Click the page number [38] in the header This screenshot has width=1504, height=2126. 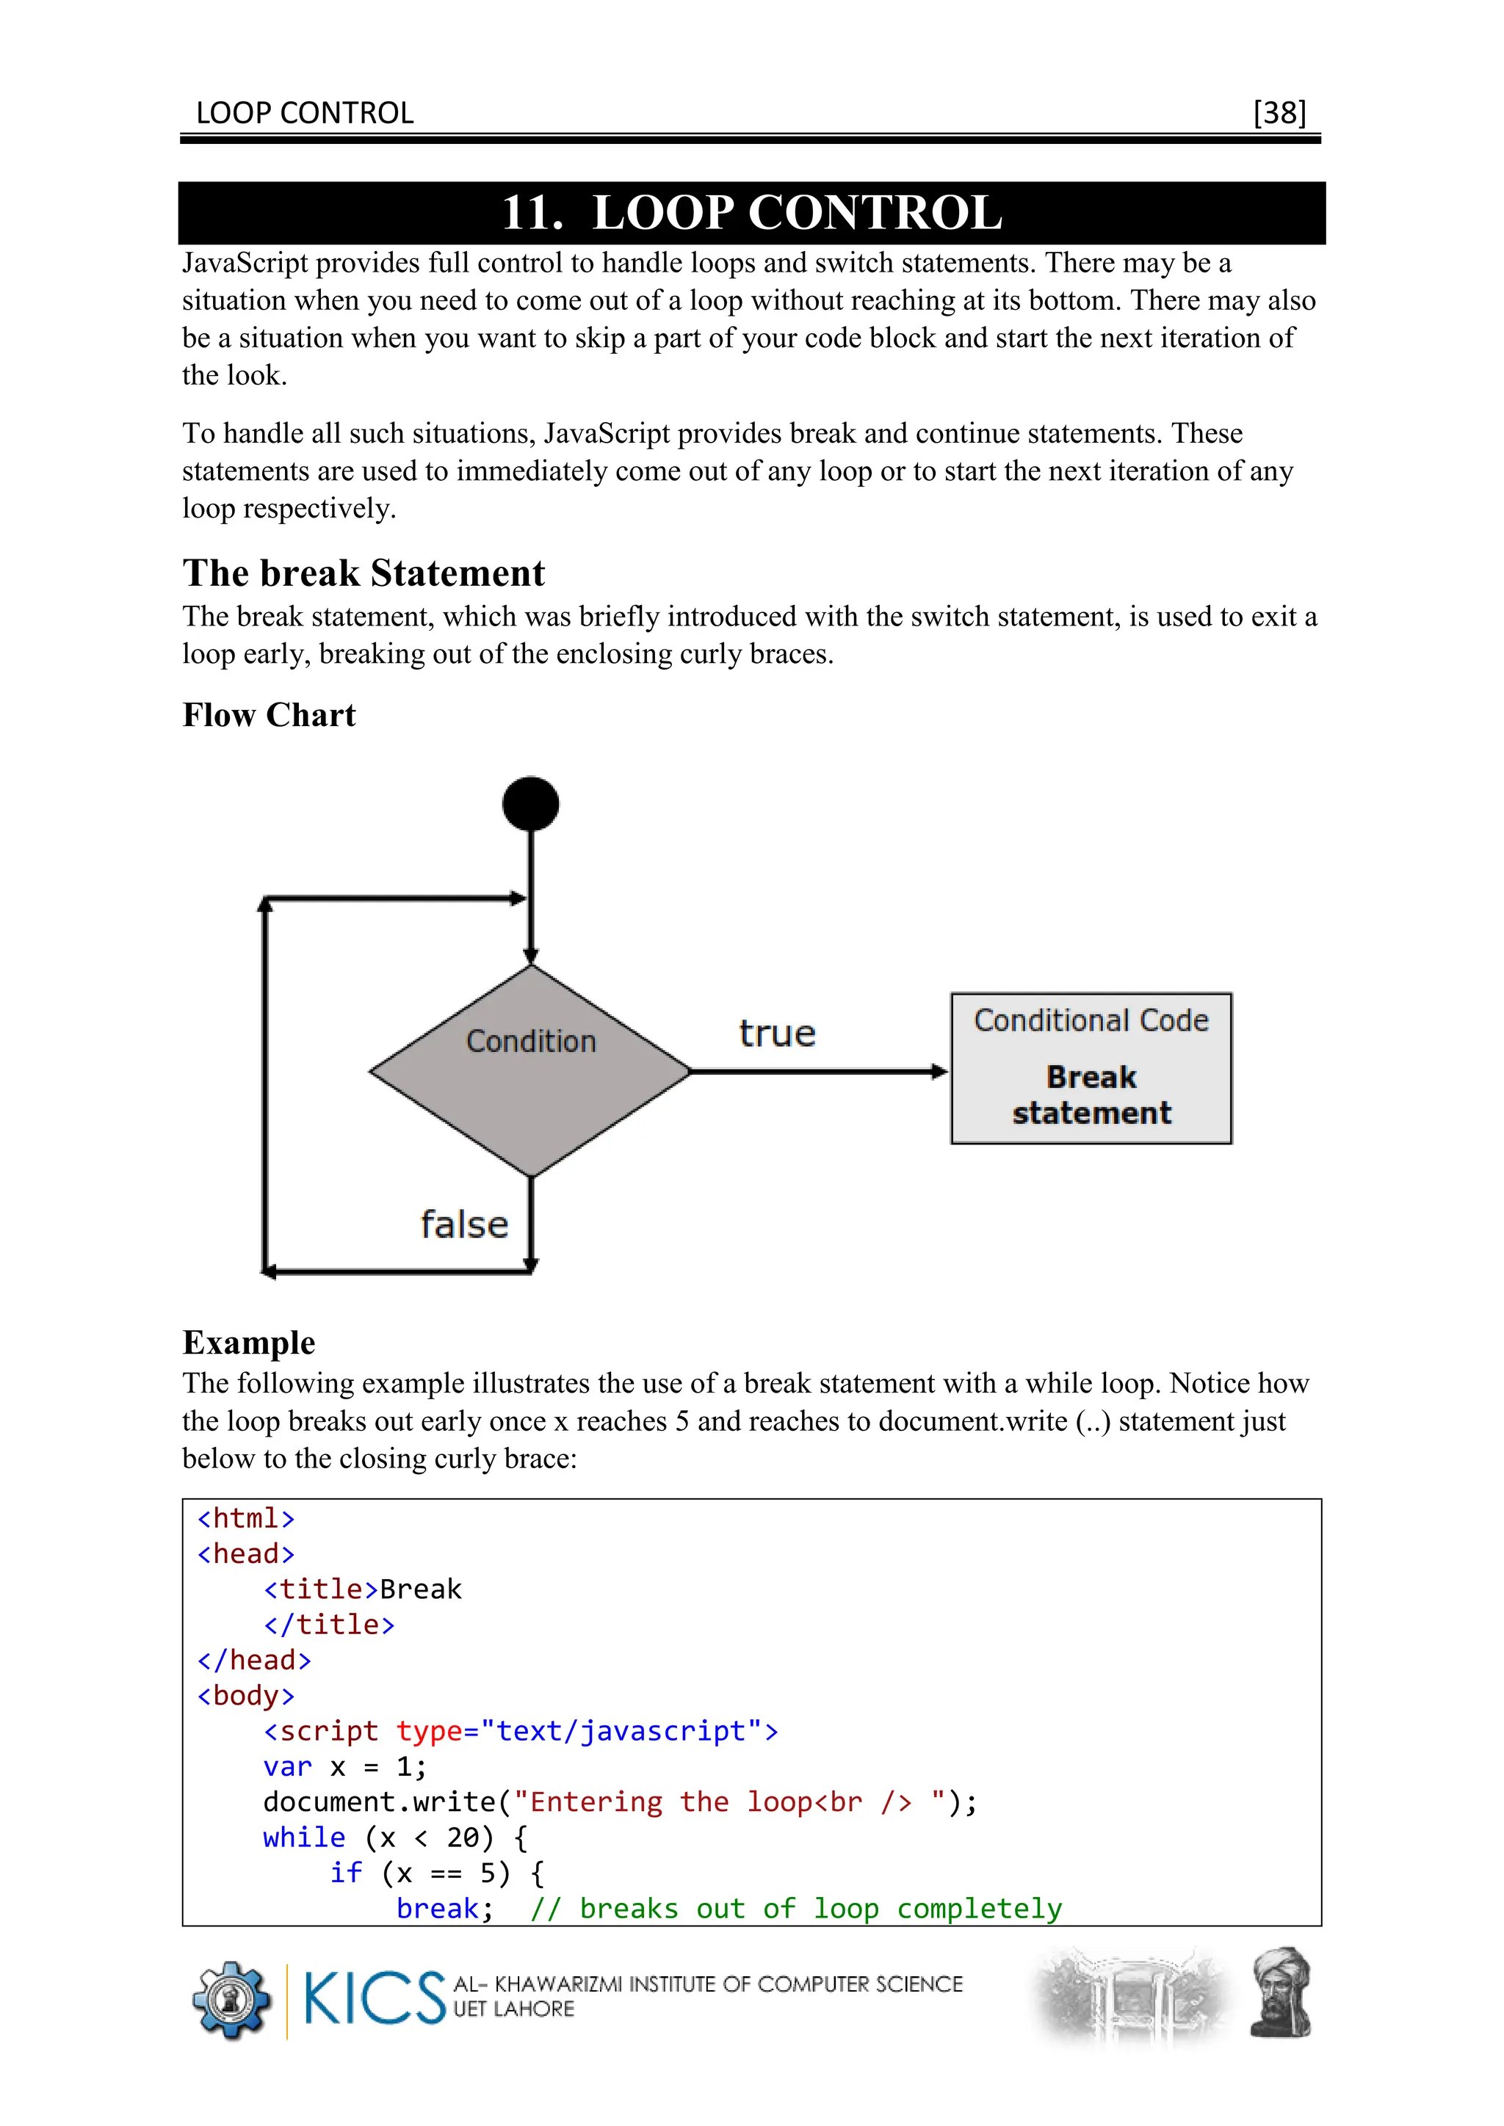point(1279,113)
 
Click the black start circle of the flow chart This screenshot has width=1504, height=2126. point(531,803)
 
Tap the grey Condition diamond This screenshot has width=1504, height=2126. point(531,1070)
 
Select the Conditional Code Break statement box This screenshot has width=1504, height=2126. point(1091,1067)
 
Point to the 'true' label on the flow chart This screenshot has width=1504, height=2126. point(777,1034)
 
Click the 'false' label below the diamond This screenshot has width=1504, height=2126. point(464,1224)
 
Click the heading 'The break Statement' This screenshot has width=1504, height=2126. point(363,573)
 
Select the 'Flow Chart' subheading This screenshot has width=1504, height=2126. point(269,715)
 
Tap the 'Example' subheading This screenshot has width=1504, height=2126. point(248,1343)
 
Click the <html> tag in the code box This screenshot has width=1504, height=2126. point(245,1519)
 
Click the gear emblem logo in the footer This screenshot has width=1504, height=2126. point(231,2000)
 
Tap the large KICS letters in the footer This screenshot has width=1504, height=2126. point(374,1998)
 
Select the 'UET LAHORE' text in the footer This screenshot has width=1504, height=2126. point(513,2009)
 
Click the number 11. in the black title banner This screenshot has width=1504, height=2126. point(532,213)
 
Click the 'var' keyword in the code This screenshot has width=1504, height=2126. point(287,1767)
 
